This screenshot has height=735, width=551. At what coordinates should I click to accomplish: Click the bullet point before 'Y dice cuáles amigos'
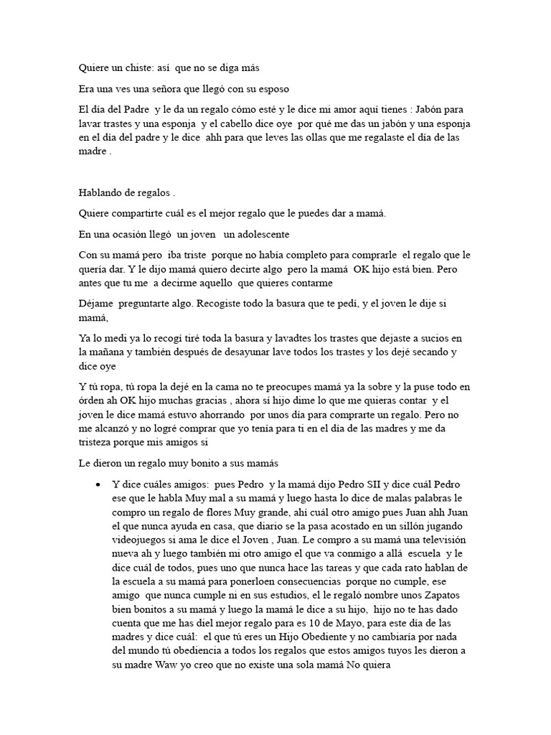click(x=98, y=486)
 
